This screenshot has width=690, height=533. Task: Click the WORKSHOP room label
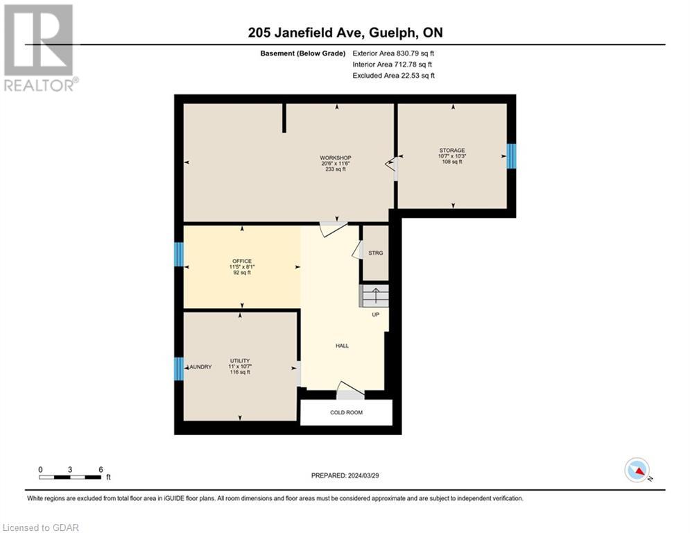[x=336, y=158]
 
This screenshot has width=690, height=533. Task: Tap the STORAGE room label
[x=451, y=151]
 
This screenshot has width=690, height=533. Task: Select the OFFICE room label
[x=242, y=261]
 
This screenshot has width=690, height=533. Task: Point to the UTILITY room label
[x=240, y=361]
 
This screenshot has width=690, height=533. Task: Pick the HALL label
[x=342, y=346]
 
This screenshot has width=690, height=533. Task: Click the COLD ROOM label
[x=346, y=412]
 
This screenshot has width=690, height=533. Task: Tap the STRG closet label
[x=376, y=253]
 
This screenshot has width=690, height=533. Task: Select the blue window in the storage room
[x=512, y=156]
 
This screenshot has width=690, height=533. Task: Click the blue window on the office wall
[x=179, y=255]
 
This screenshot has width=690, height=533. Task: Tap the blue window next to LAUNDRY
[x=179, y=369]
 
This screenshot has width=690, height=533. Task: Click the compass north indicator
[x=637, y=470]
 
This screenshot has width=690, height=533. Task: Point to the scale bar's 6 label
[x=101, y=469]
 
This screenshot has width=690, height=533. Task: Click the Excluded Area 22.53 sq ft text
[x=393, y=76]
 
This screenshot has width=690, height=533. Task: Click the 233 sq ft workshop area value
[x=336, y=169]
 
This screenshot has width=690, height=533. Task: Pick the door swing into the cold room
[x=350, y=391]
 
